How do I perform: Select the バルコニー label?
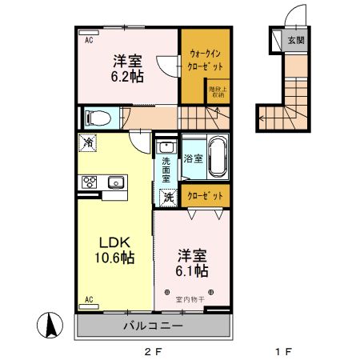(153, 326)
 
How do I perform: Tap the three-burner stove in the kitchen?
(88, 182)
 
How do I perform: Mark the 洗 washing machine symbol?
(169, 196)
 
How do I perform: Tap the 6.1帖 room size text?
(192, 271)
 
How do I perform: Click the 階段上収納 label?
(217, 93)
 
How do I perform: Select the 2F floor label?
(152, 350)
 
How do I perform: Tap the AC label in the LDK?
(88, 299)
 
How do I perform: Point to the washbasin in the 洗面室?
(166, 147)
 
